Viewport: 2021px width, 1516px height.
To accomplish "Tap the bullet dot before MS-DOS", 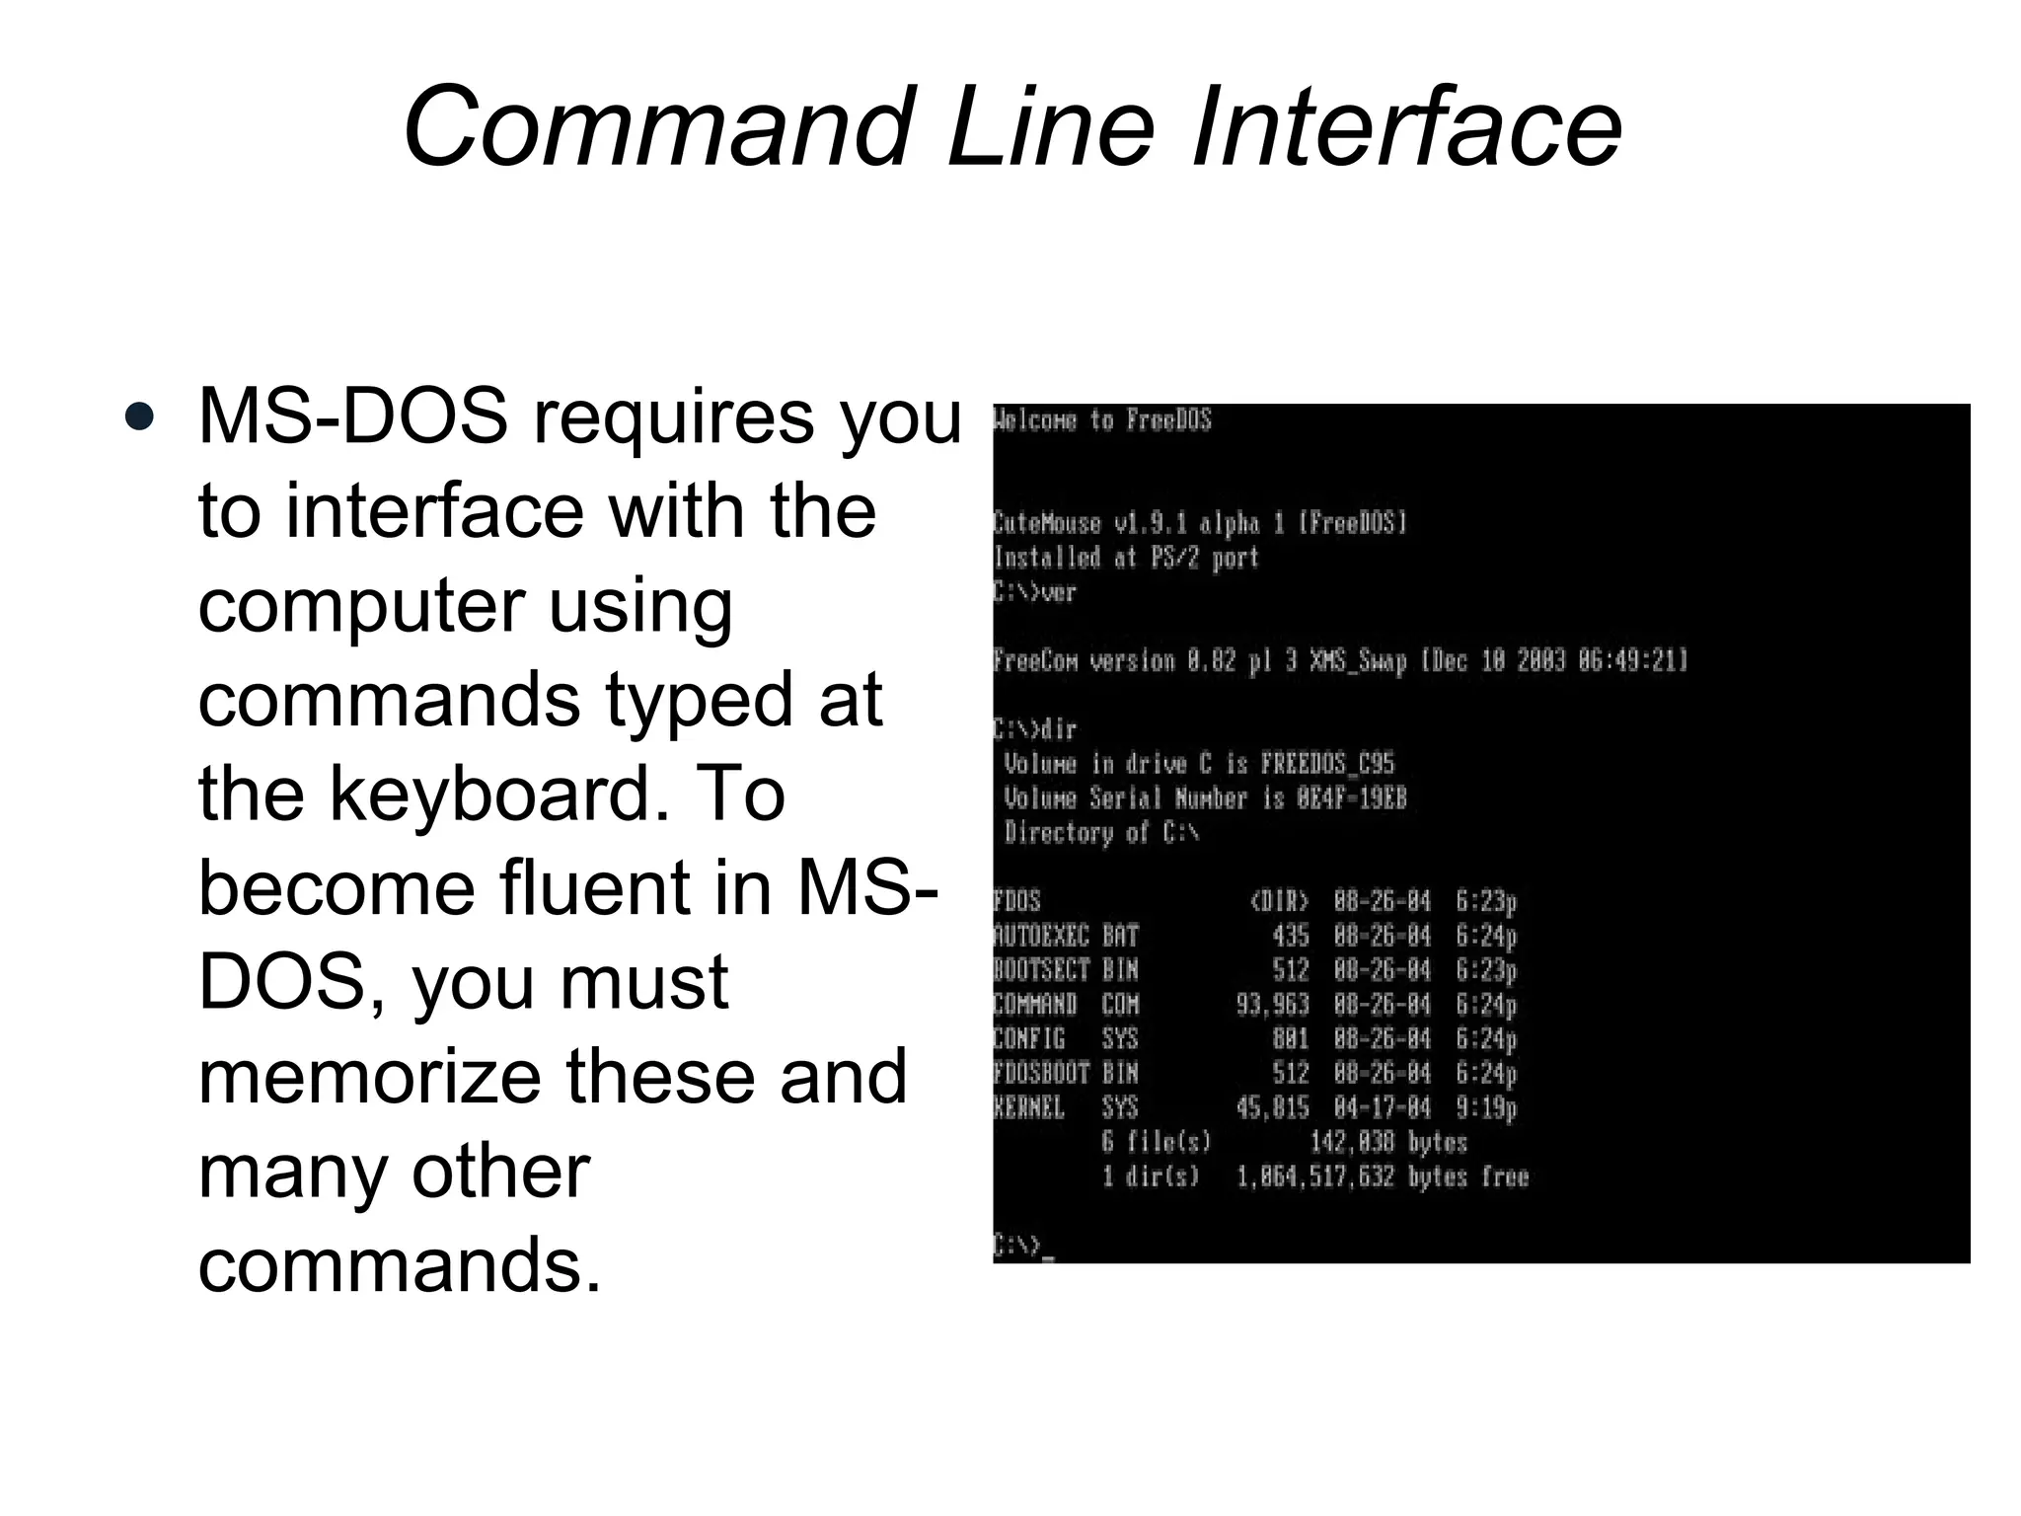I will click(x=140, y=417).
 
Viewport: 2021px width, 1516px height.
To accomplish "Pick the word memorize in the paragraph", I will click(x=369, y=1076).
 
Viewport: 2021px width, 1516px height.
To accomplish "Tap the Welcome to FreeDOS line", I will click(x=1101, y=420).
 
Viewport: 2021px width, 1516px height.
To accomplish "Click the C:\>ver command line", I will click(x=1034, y=592).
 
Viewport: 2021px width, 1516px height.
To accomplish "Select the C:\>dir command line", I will click(x=1034, y=729).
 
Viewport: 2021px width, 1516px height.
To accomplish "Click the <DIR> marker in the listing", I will click(x=1279, y=901).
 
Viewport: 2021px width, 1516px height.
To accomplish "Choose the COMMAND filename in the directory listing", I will click(x=1035, y=1005).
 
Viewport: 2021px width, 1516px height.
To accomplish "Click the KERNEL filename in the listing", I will click(x=1029, y=1107).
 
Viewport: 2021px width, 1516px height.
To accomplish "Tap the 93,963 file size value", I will click(x=1272, y=1005).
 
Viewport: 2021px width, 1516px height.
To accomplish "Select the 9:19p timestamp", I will click(x=1486, y=1107).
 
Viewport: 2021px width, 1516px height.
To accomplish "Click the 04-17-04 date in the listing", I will click(x=1382, y=1107).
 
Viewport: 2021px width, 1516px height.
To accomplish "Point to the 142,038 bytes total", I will click(x=1387, y=1142).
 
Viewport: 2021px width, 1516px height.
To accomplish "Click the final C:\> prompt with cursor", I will click(x=1022, y=1247).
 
